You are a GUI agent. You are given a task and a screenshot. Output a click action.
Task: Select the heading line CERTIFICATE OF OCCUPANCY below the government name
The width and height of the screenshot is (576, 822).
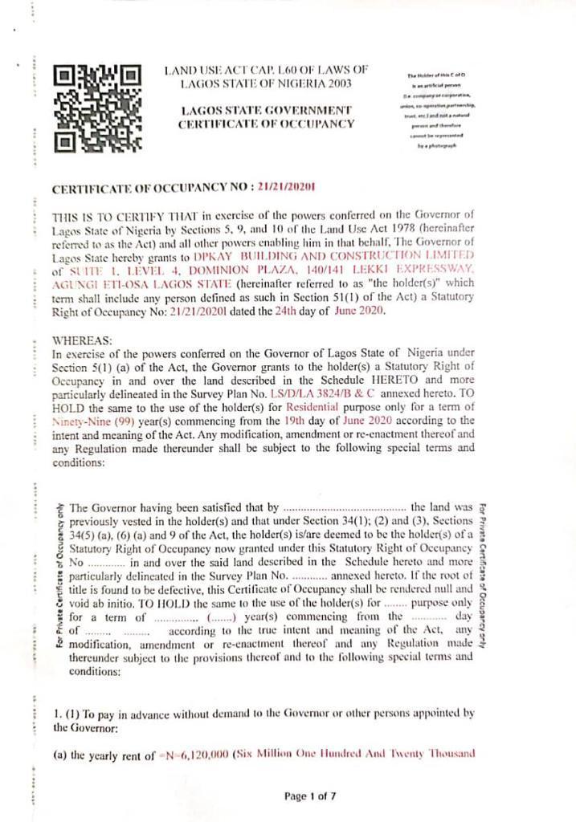[266, 124]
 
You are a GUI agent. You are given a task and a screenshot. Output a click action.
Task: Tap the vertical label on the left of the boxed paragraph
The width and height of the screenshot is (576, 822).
[60, 577]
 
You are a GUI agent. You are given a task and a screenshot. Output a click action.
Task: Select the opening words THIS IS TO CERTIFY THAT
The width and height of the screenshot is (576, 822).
[112, 218]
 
